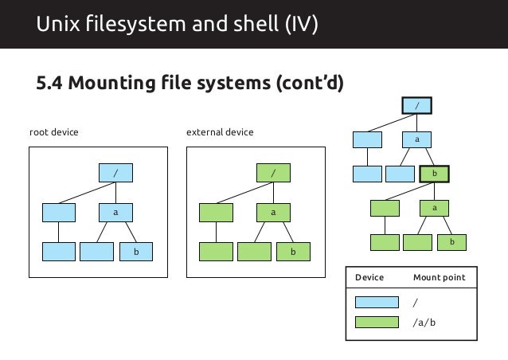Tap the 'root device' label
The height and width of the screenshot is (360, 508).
click(x=53, y=131)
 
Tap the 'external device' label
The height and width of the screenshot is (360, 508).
click(x=219, y=131)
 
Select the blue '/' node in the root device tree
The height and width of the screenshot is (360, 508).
click(x=115, y=172)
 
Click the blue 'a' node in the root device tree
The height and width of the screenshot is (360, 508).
click(x=115, y=213)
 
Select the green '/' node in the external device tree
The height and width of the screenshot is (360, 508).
click(x=273, y=172)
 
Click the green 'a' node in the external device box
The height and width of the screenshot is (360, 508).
click(x=273, y=213)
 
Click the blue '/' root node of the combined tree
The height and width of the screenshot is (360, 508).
click(x=416, y=105)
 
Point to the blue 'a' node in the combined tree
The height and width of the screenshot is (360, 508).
click(x=416, y=139)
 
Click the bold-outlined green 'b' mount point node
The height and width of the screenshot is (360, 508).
click(x=435, y=173)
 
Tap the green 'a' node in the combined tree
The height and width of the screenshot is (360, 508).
click(x=435, y=207)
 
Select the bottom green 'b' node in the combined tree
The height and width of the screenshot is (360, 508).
click(x=451, y=241)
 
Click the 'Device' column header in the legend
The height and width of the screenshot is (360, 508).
click(x=369, y=278)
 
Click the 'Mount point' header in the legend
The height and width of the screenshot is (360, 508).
click(x=440, y=278)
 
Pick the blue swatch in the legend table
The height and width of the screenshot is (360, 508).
click(x=376, y=303)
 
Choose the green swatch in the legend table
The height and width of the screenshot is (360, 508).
click(x=376, y=323)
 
